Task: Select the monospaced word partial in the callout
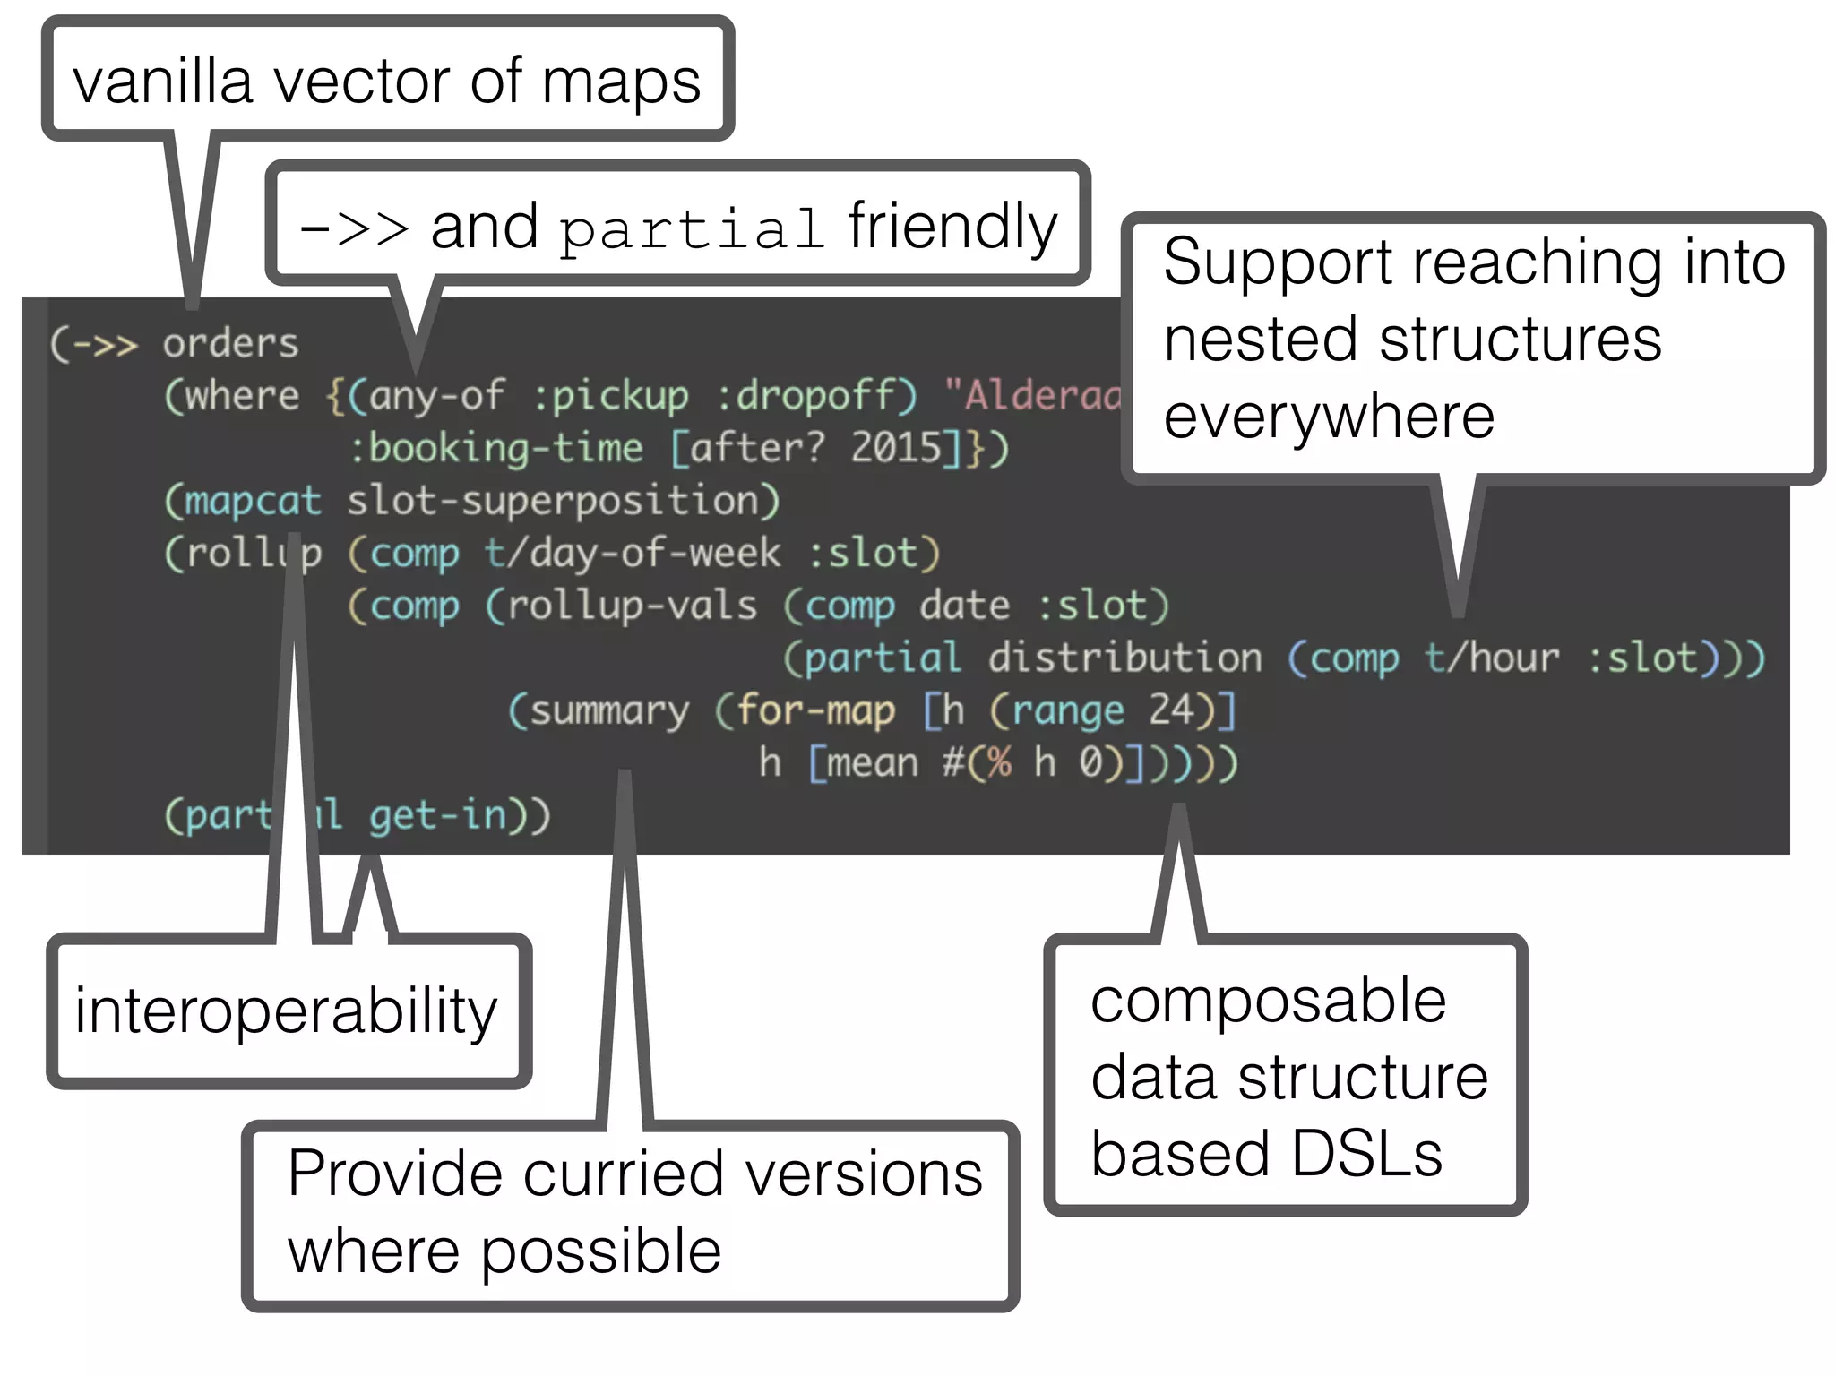click(691, 229)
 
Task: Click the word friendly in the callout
click(952, 227)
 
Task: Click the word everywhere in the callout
click(1329, 417)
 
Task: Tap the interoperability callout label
click(286, 1011)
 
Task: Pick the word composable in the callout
click(1268, 1000)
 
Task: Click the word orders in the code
click(230, 344)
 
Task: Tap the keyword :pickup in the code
click(611, 396)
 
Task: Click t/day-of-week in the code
click(633, 554)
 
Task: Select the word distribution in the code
click(1124, 658)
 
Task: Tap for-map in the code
click(815, 711)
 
